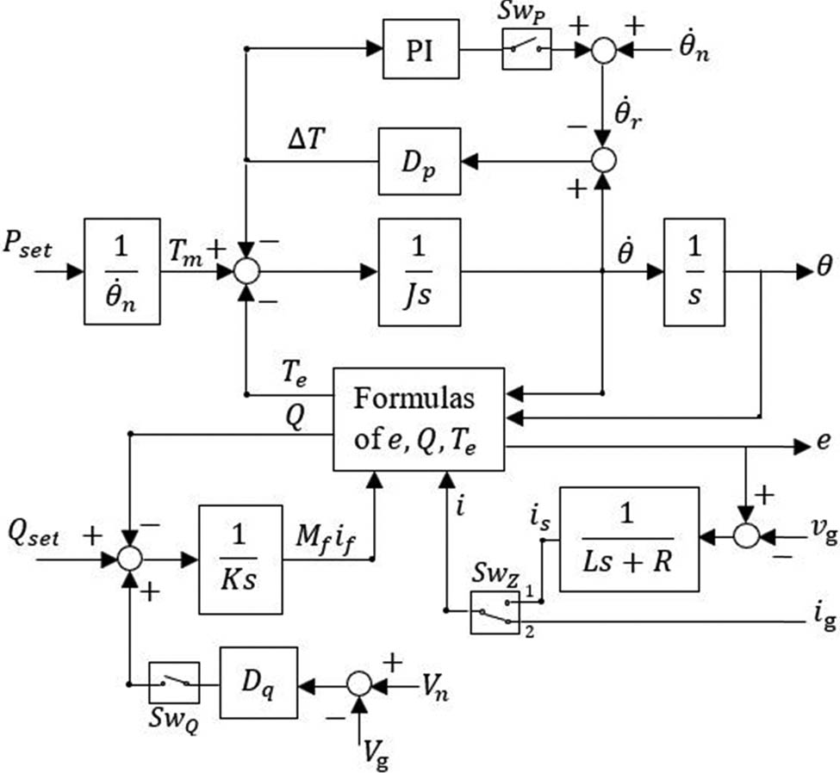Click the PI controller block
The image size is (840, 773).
coord(420,50)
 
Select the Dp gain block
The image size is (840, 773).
coord(420,160)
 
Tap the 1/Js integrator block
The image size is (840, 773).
coord(420,271)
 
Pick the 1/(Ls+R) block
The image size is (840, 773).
coord(629,538)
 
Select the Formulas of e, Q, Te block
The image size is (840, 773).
coord(418,419)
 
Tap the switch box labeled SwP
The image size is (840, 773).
coord(526,50)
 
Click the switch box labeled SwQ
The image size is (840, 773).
coord(174,683)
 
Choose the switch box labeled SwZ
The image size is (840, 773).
coord(495,612)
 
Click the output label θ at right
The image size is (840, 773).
coord(824,269)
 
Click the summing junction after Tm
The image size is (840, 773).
coord(246,271)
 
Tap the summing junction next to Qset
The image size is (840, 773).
coord(129,559)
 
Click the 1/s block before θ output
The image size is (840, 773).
coord(694,271)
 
